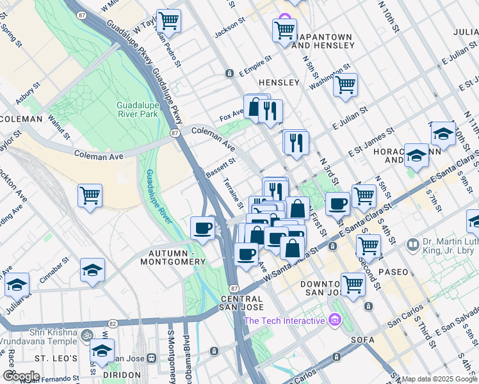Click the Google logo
coord(20,376)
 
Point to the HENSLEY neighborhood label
coord(279,83)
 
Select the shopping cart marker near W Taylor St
coord(168,21)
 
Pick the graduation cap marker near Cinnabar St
coord(93,270)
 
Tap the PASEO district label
coord(393,272)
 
